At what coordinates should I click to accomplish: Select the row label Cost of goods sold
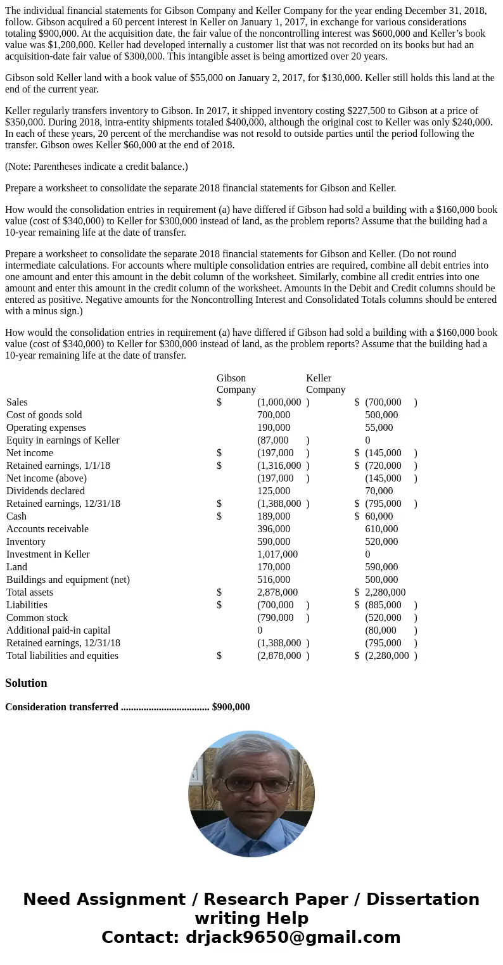(x=44, y=415)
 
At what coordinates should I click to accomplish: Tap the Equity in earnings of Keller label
(x=63, y=440)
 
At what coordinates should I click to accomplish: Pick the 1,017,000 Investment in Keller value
(x=277, y=554)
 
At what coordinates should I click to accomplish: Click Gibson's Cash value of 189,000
(x=274, y=516)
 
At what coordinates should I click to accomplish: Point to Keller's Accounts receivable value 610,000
(x=381, y=529)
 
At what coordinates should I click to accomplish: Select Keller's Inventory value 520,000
(x=381, y=542)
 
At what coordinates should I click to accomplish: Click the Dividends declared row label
(x=46, y=491)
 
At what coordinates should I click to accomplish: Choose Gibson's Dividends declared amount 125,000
(x=274, y=491)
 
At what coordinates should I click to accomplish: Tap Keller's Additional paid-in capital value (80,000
(x=381, y=630)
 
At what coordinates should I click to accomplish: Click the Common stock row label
(x=37, y=618)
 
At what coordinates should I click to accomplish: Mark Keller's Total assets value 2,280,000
(x=385, y=592)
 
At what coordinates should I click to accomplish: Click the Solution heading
(x=26, y=683)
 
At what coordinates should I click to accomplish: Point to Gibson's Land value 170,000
(x=274, y=567)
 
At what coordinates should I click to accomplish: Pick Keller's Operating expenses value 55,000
(x=379, y=428)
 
